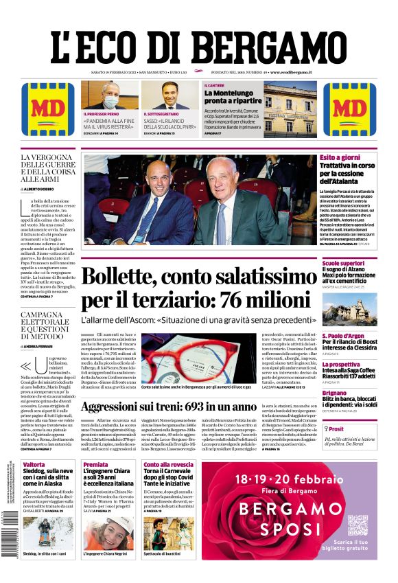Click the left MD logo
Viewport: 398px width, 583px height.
pyautogui.click(x=48, y=109)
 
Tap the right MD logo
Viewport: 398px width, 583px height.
pyautogui.click(x=349, y=109)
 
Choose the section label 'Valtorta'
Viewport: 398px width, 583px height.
pyautogui.click(x=34, y=465)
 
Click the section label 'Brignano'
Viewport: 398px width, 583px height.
pyautogui.click(x=335, y=393)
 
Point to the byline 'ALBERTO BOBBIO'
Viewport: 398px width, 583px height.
pyautogui.click(x=49, y=188)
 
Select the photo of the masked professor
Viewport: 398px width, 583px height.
pyautogui.click(x=110, y=96)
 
